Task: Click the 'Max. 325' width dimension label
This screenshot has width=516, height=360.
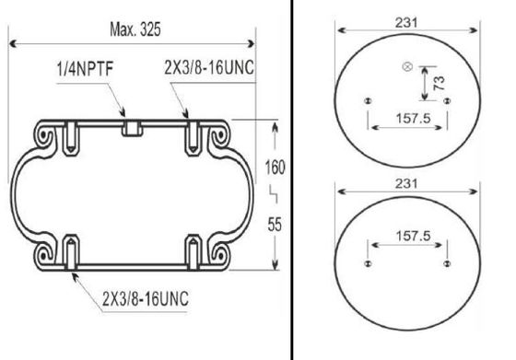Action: (x=135, y=29)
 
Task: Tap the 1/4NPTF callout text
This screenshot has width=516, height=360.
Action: (x=85, y=69)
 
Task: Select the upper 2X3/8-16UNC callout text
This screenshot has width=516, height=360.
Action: (x=209, y=68)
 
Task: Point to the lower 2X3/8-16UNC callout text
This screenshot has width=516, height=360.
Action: (x=146, y=298)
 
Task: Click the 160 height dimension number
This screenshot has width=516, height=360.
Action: (x=275, y=167)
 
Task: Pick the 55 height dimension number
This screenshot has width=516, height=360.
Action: (x=275, y=225)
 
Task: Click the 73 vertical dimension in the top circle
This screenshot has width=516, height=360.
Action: (x=439, y=83)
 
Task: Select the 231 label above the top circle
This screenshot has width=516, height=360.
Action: (x=406, y=23)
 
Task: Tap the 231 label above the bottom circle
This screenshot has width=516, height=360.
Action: (x=406, y=183)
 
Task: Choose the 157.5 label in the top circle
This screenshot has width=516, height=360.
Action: (x=414, y=118)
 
